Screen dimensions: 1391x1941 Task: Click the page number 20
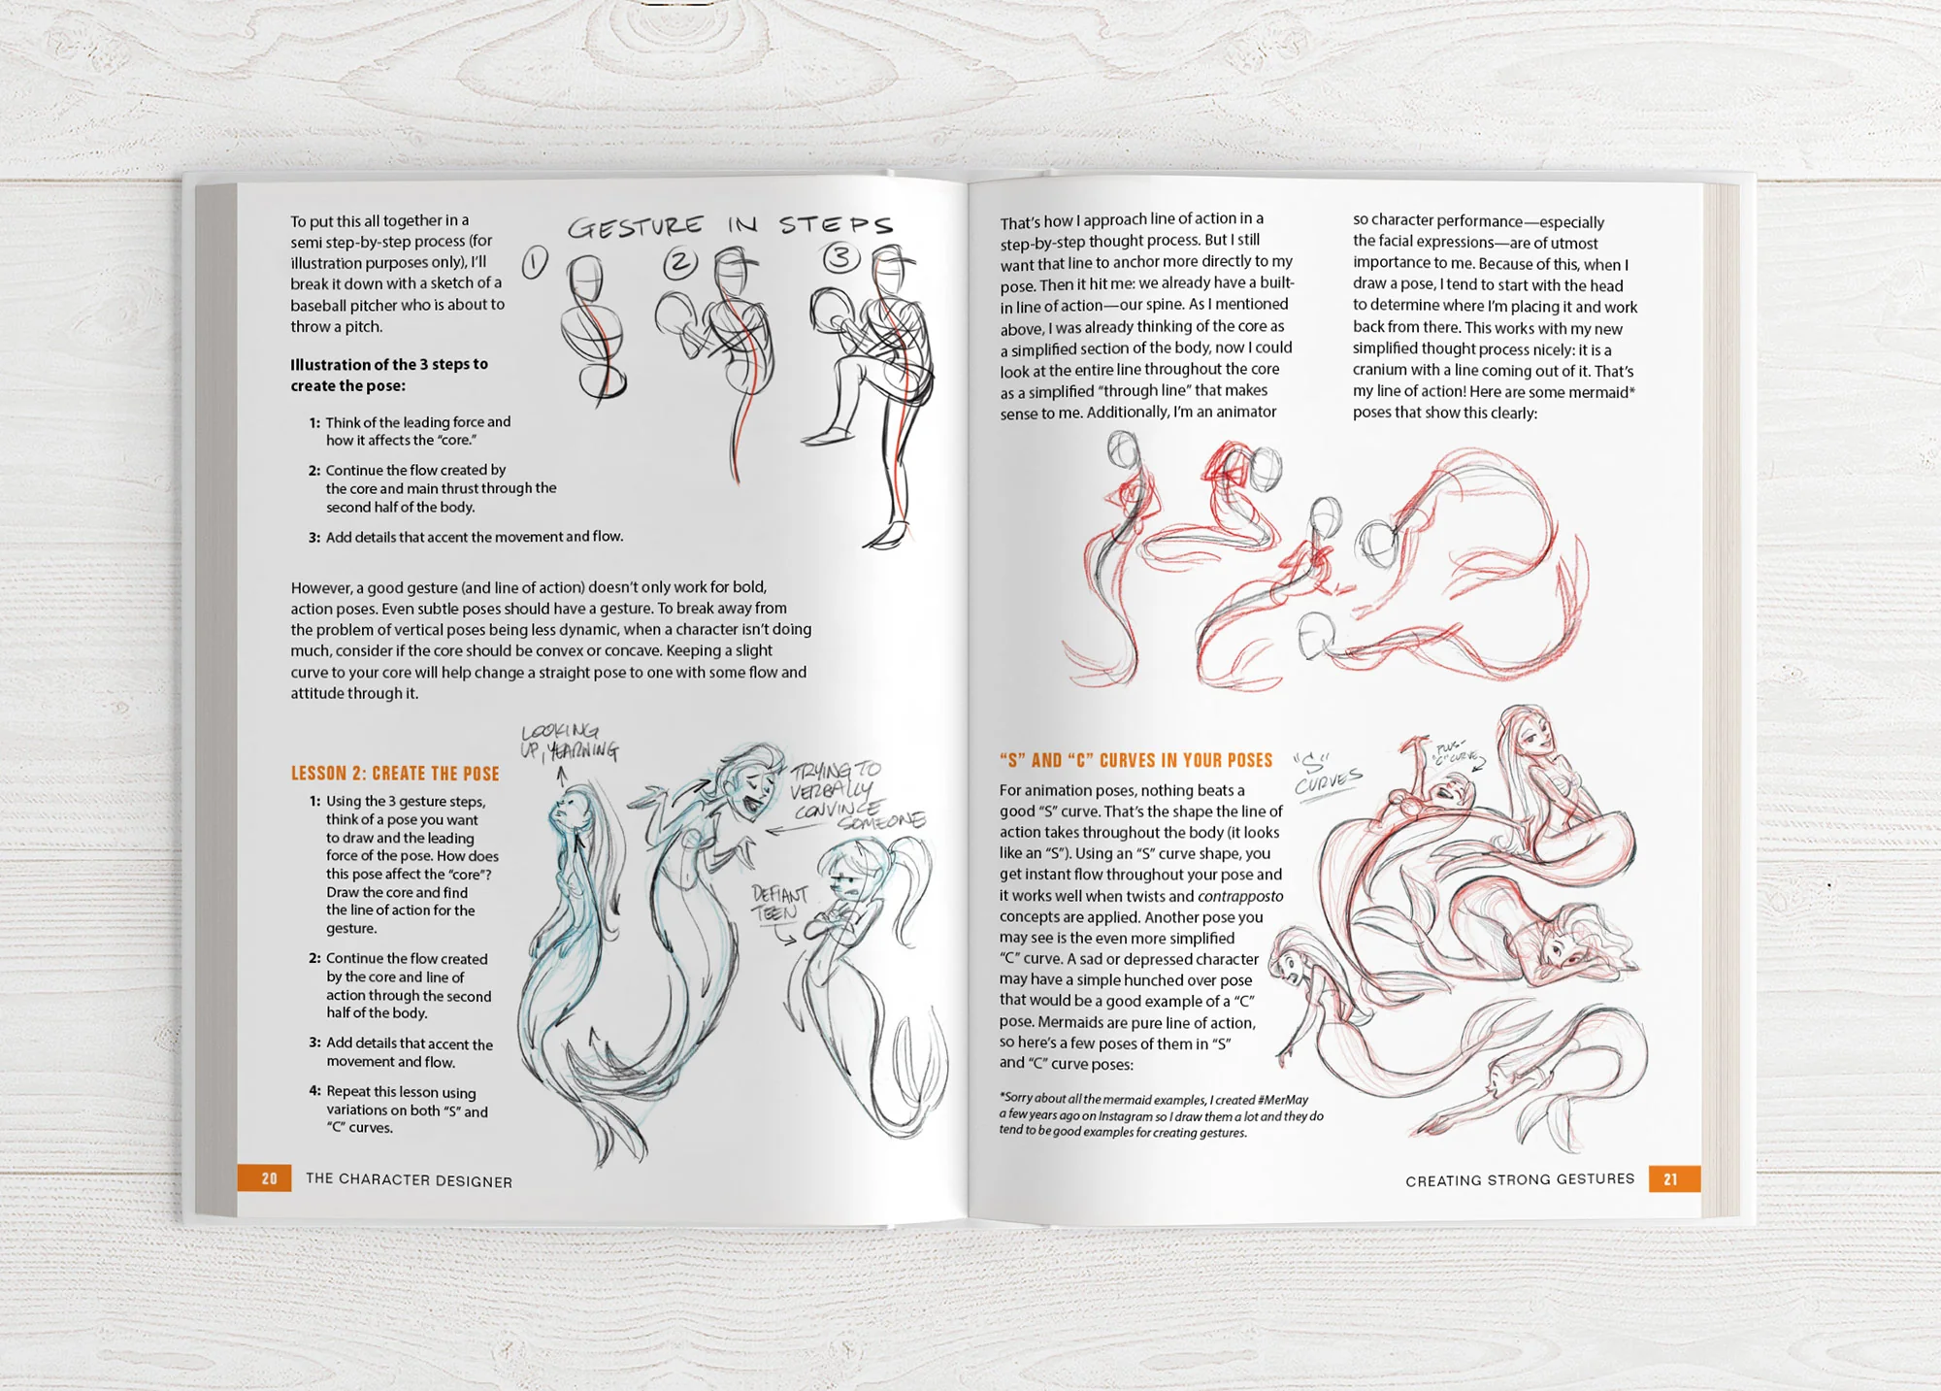point(269,1178)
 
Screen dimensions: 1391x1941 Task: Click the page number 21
point(1670,1179)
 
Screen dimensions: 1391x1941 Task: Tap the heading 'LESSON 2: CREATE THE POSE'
point(395,774)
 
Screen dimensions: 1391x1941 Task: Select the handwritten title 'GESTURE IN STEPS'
point(730,226)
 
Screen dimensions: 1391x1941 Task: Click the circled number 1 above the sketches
point(535,262)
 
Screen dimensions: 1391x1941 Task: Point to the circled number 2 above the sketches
point(680,262)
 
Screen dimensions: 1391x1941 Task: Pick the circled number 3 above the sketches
point(840,258)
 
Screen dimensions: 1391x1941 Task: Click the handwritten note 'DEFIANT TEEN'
point(778,904)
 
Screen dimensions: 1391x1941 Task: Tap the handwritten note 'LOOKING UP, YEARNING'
point(568,742)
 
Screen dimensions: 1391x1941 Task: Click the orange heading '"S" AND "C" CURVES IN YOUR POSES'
point(1135,760)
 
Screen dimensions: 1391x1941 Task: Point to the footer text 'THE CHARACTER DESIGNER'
point(409,1179)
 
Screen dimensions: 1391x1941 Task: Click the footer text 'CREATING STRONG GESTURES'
point(1520,1179)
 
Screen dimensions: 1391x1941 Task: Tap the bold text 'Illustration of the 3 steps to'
point(389,365)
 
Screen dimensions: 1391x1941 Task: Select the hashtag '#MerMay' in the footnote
point(1283,1100)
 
